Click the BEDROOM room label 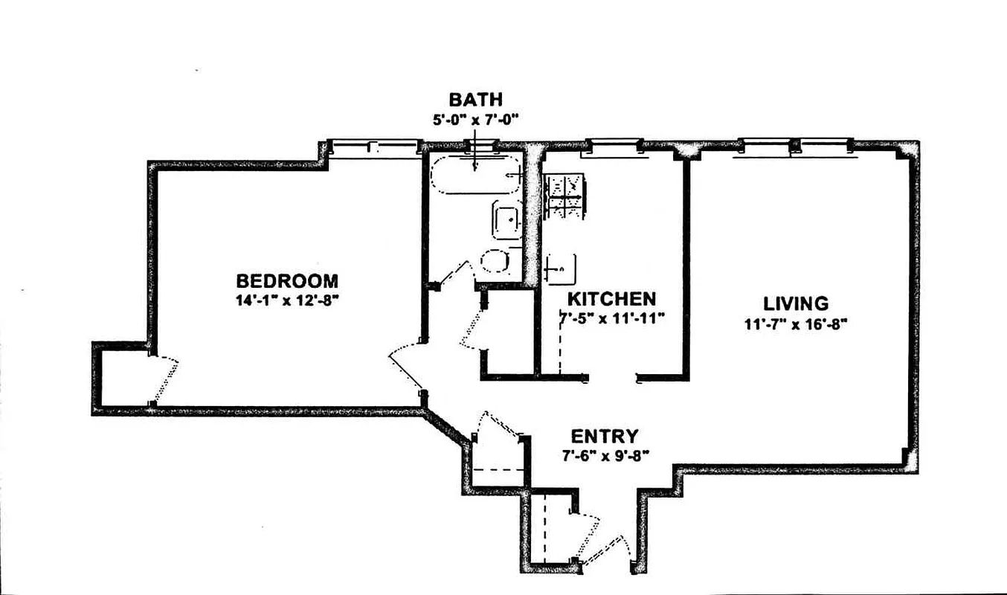[x=286, y=281]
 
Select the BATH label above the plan [x=475, y=99]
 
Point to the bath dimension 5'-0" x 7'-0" [x=475, y=118]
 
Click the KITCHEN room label [x=611, y=299]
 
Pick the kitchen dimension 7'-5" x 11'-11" [x=611, y=318]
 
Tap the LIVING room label [x=795, y=303]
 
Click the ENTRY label [x=604, y=436]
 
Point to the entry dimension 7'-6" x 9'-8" [x=604, y=454]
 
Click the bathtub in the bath [x=476, y=176]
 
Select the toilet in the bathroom [x=495, y=261]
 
